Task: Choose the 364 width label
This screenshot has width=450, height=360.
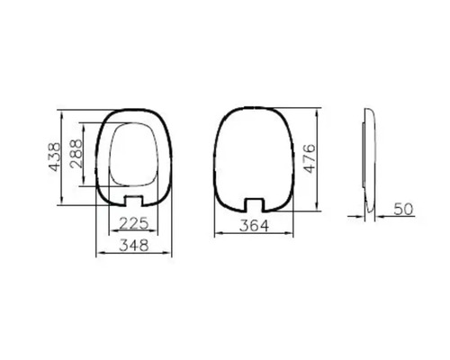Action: click(x=254, y=226)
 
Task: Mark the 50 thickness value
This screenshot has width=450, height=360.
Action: click(x=404, y=209)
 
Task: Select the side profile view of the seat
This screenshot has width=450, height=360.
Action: click(x=366, y=162)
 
